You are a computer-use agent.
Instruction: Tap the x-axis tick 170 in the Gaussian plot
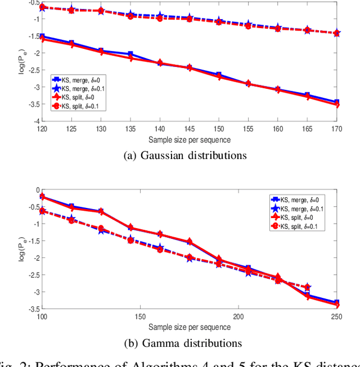[336, 128]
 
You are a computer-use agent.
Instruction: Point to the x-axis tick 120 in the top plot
[42, 128]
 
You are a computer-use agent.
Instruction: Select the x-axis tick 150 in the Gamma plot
[140, 316]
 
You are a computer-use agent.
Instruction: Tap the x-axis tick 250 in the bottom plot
[336, 316]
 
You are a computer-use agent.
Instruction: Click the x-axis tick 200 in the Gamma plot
[238, 316]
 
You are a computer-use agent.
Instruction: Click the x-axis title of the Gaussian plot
[190, 138]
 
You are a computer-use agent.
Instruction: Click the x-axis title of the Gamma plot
[190, 327]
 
